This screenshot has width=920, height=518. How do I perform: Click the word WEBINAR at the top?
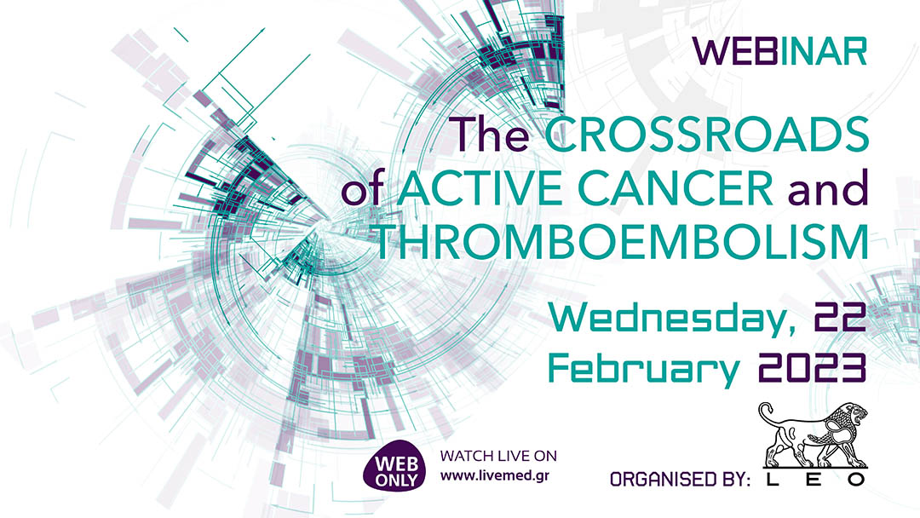click(x=780, y=51)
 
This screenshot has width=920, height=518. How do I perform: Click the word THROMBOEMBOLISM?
click(x=622, y=243)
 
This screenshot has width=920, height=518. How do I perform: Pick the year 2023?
click(x=811, y=368)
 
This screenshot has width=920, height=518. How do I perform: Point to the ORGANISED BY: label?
click(x=679, y=481)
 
